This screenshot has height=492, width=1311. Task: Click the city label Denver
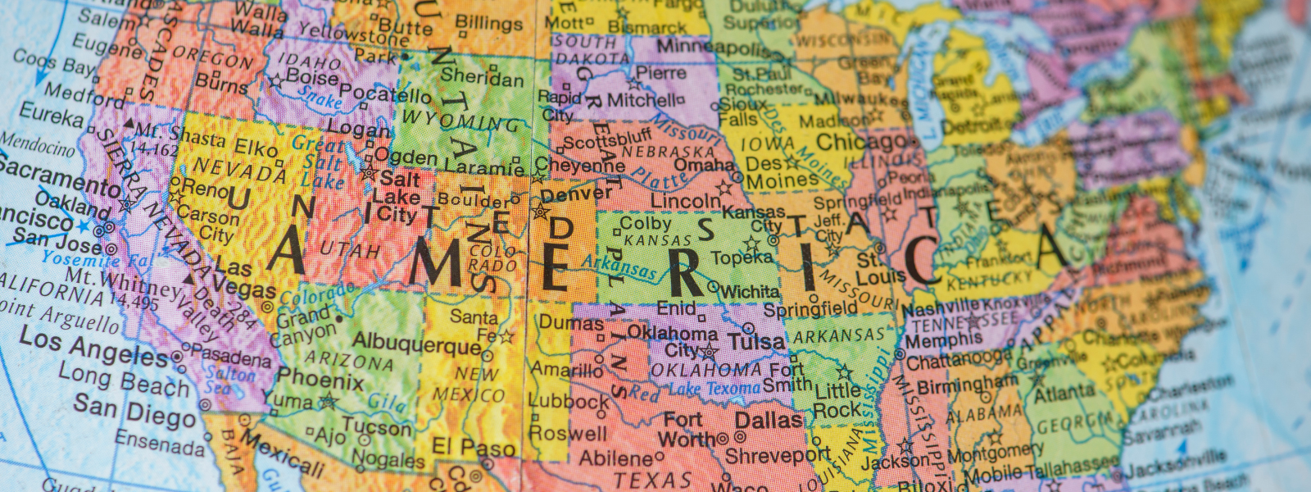[576, 194]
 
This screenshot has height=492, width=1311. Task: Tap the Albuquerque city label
[417, 344]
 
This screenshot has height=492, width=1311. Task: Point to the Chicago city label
[860, 142]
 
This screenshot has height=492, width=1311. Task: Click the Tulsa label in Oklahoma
[755, 341]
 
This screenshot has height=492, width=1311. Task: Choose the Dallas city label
[768, 421]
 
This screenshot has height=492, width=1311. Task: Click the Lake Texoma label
[715, 388]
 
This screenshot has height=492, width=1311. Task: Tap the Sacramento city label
[60, 177]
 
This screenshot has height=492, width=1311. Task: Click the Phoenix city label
[320, 380]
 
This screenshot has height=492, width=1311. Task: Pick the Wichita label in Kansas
[749, 291]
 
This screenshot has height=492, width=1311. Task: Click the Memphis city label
[943, 339]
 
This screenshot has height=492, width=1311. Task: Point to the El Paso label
[473, 447]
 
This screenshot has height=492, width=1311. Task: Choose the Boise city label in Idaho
[312, 78]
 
